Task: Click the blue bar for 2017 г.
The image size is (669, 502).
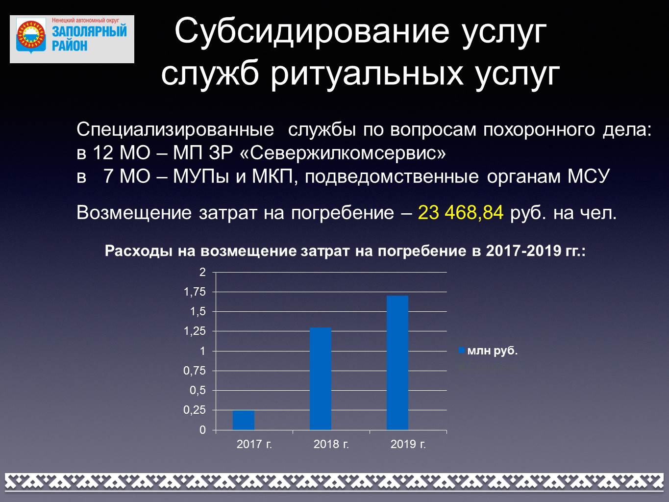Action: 244,420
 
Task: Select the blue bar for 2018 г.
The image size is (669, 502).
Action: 321,379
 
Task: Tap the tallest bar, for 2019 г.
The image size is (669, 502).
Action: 397,363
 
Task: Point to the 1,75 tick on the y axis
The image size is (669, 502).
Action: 195,292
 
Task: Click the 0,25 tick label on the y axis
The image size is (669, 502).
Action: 195,410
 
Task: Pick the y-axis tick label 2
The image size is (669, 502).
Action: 203,272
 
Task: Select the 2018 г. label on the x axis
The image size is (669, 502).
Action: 331,444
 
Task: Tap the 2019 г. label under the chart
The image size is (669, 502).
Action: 408,444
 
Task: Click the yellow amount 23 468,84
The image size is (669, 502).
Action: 461,212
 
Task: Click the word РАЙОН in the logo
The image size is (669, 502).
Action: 70,46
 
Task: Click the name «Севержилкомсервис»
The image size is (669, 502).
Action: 343,153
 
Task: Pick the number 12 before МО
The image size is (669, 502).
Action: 103,153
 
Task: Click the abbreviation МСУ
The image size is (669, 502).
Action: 588,176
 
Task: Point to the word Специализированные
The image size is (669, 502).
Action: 175,130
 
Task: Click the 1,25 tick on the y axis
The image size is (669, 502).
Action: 195,331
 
